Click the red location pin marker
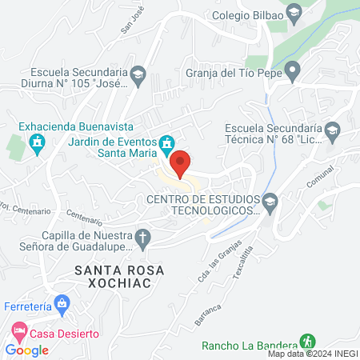point(181,162)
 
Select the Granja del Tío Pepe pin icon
point(294,72)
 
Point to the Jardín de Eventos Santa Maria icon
point(166,143)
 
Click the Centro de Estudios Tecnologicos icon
point(270,201)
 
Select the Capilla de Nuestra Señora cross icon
point(142,237)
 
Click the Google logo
point(27,350)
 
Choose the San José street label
point(133,20)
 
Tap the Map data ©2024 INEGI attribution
point(312,354)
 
